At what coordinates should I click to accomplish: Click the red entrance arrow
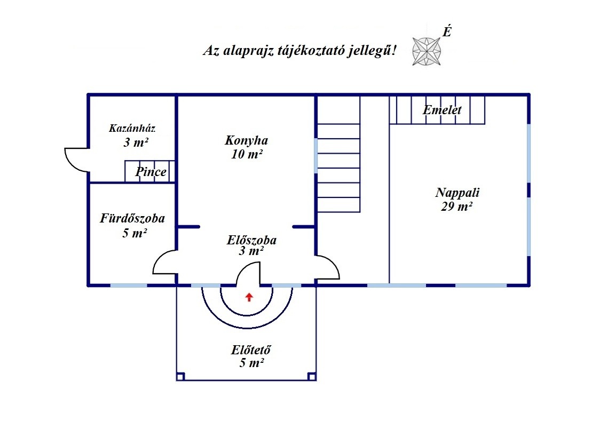click(249, 297)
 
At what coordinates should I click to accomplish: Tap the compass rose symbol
click(427, 51)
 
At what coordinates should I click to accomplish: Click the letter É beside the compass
click(447, 31)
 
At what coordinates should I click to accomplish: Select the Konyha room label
click(247, 140)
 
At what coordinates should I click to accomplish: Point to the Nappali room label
click(457, 192)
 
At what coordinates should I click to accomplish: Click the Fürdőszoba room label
click(132, 218)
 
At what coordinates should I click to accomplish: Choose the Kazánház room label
click(132, 128)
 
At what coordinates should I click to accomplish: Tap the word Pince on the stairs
click(151, 172)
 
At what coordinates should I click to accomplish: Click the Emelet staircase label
click(442, 110)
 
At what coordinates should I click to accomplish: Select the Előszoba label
click(251, 240)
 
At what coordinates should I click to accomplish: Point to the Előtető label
click(251, 350)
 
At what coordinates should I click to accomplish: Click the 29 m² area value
click(456, 207)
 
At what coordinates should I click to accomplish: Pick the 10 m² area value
click(247, 154)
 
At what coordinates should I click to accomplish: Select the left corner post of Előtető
click(180, 377)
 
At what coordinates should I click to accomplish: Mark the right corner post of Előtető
click(312, 377)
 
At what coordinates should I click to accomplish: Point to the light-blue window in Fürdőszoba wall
click(129, 285)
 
